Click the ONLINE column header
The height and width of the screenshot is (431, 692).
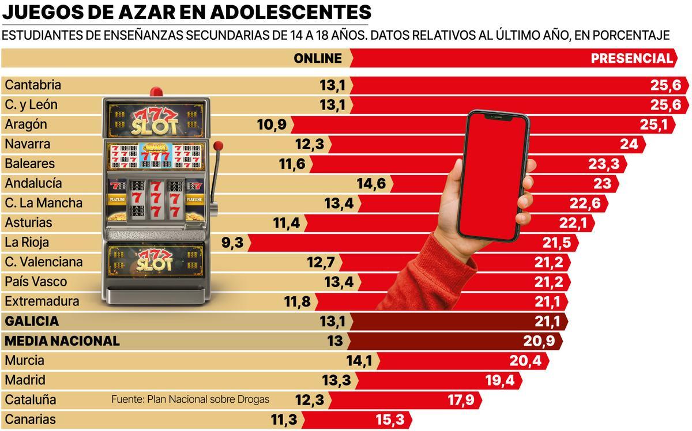coord(317,58)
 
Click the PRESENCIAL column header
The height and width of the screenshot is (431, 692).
coord(631,58)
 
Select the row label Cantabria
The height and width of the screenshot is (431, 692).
coord(33,85)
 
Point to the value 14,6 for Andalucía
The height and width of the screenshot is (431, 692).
coord(371,183)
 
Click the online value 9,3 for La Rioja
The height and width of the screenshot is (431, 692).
coord(232,243)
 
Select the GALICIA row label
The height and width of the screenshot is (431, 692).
coord(32,321)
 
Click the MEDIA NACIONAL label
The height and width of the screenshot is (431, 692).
coord(62,341)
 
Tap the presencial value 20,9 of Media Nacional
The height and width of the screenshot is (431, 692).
coord(539,341)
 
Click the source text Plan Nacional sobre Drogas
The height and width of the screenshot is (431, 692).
coord(190,399)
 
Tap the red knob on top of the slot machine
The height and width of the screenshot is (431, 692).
coord(156,91)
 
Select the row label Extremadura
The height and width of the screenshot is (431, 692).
coord(42,301)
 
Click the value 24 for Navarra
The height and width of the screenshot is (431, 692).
coord(629,144)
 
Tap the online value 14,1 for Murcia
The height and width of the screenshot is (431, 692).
coord(358,361)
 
